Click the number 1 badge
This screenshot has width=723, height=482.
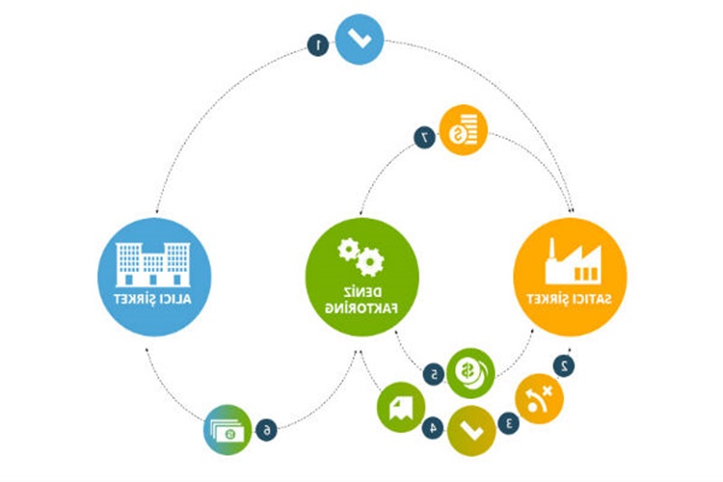click(x=316, y=44)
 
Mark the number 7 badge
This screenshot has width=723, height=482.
click(x=423, y=138)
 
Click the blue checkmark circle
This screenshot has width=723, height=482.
click(x=359, y=38)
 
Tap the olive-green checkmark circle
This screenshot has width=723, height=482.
click(x=471, y=425)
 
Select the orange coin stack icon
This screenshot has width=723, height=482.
click(x=464, y=130)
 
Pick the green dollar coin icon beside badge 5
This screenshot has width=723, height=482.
click(x=470, y=370)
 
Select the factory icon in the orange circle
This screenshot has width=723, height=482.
click(x=572, y=259)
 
